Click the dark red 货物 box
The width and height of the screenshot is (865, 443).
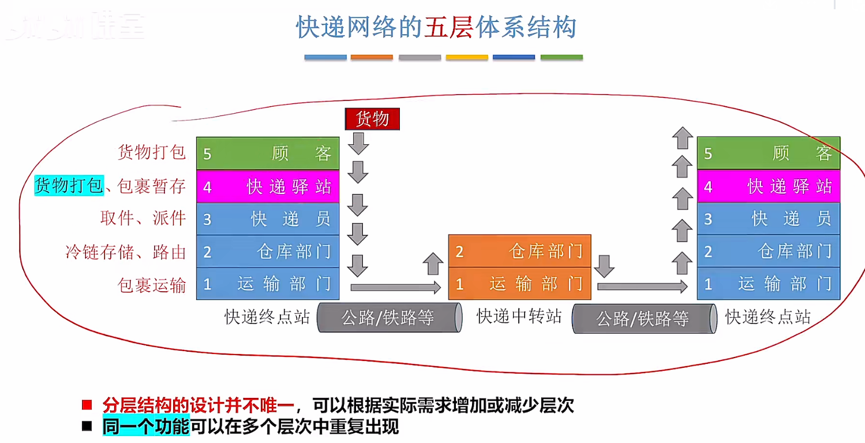point(372,119)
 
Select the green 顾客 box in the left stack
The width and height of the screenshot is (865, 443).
point(268,154)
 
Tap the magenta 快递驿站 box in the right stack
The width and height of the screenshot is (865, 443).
point(768,187)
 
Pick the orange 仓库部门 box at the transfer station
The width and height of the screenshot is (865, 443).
point(519,251)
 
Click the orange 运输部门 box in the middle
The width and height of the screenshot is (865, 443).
point(519,284)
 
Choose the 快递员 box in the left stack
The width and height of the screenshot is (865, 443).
point(268,219)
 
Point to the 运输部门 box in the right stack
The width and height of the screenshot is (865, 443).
point(768,284)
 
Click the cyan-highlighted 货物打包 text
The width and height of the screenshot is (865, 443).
point(69,185)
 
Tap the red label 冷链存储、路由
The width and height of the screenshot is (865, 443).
point(126,252)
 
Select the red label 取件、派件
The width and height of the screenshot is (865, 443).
point(143,218)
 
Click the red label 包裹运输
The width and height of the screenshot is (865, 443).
point(152,285)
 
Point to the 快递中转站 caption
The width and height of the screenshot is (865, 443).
point(519,316)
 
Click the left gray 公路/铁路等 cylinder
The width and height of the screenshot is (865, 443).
point(390,318)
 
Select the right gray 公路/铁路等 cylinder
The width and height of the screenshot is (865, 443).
point(644,319)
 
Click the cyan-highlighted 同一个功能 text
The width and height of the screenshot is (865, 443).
point(146,427)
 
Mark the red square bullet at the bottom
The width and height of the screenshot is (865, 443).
point(87,404)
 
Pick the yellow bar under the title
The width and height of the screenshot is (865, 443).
point(467,58)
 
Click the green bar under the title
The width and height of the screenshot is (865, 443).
point(561,58)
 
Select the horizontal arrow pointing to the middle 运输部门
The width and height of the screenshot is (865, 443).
point(395,286)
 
